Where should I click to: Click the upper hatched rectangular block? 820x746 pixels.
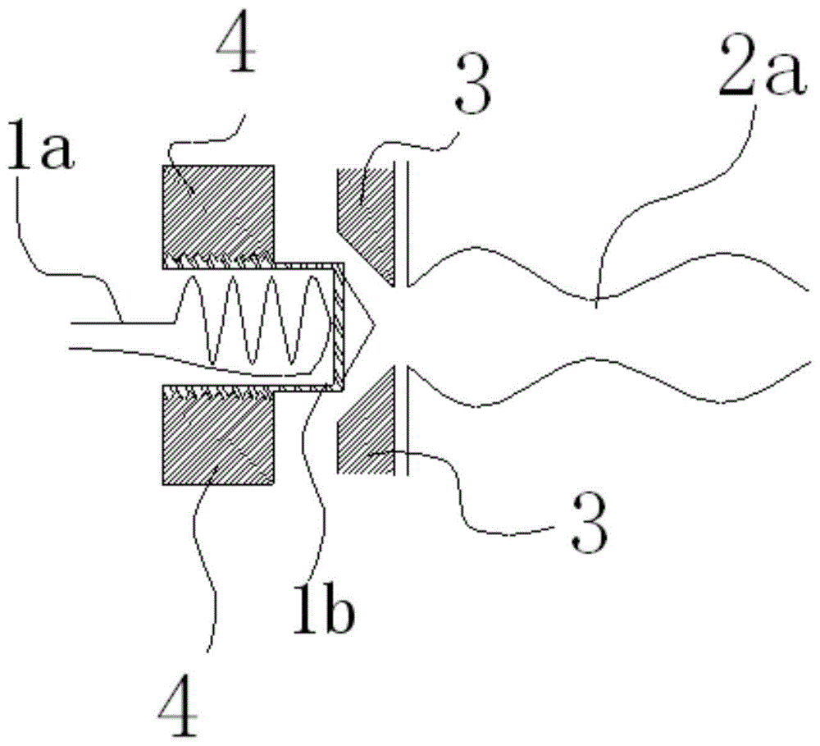click(x=217, y=210)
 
